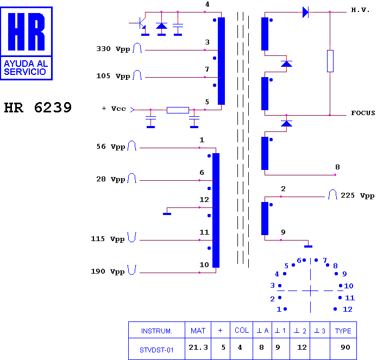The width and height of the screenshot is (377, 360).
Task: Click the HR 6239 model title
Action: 37,108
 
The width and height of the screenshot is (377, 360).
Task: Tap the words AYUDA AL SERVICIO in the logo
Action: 26,68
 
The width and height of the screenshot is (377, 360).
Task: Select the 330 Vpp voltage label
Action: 113,49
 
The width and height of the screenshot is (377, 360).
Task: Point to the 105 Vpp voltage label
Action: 113,76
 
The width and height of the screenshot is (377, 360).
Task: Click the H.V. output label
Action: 360,10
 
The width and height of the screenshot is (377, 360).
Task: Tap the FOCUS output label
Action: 363,113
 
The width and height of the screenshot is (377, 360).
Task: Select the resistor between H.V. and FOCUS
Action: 330,61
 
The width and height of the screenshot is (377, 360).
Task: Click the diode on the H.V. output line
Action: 305,12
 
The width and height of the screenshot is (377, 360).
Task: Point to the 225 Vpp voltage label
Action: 357,195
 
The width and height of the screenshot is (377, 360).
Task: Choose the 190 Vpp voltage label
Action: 108,271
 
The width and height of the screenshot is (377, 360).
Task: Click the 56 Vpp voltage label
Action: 111,147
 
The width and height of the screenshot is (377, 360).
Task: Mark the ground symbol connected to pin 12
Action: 167,213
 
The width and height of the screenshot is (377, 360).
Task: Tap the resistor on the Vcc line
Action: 178,110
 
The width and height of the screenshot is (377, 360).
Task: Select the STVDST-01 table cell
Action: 156,350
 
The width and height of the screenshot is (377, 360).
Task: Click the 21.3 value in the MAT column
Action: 198,348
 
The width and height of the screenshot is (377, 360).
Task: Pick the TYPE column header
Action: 343,331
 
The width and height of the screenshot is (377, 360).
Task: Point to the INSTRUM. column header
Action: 156,331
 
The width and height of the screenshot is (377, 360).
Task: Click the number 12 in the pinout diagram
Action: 348,310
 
